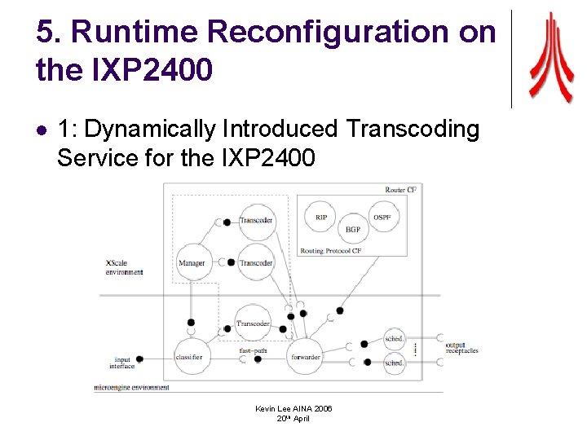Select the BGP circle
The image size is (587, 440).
[352, 230]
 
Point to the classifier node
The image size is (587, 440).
[190, 357]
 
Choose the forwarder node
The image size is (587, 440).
[304, 357]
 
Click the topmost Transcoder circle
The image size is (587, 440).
[256, 220]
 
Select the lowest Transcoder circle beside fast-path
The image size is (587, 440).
[253, 323]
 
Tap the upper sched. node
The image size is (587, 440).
[395, 339]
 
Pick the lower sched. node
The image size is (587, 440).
[395, 363]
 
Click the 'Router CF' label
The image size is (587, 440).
[400, 190]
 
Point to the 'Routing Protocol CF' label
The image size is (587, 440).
[331, 251]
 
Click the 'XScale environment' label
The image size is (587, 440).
[124, 267]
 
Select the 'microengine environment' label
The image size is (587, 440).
[132, 387]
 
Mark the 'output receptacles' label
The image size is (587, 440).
[461, 349]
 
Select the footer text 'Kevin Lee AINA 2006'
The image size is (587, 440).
[293, 407]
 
